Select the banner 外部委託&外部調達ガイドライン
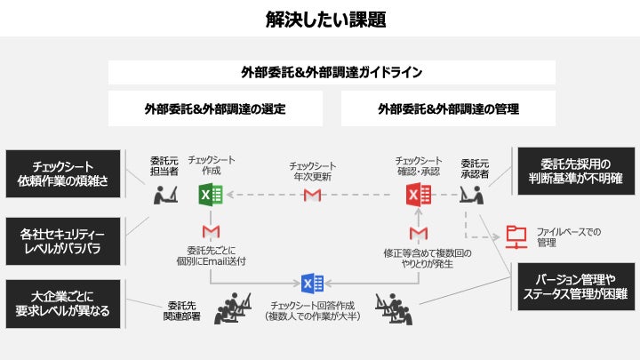pos(332,72)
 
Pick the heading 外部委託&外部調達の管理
pos(448,108)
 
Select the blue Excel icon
pos(313,284)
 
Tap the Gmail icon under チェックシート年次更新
pos(312,195)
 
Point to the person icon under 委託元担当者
pos(164,194)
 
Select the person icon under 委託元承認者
pos(471,194)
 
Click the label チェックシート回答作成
pos(311,305)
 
